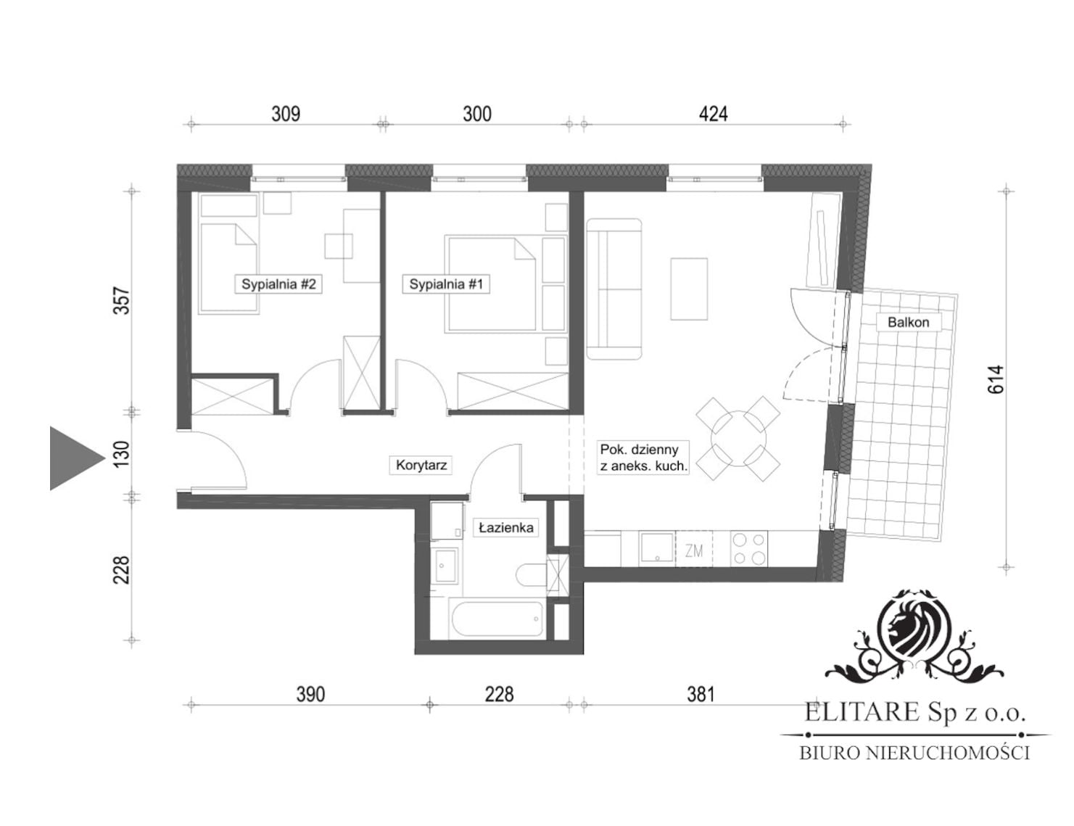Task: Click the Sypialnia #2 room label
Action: pyautogui.click(x=278, y=284)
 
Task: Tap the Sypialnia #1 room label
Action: pyautogui.click(x=446, y=284)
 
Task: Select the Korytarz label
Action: pyautogui.click(x=421, y=465)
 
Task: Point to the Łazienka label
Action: pyautogui.click(x=506, y=528)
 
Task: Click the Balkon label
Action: pyautogui.click(x=909, y=322)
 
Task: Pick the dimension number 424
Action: pyautogui.click(x=713, y=114)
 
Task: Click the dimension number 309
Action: pyautogui.click(x=286, y=114)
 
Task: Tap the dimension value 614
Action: pyautogui.click(x=996, y=379)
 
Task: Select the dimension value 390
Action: pyautogui.click(x=310, y=695)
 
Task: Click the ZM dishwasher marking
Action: pyautogui.click(x=694, y=551)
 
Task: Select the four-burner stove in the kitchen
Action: pyautogui.click(x=750, y=548)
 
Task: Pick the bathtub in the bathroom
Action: pyautogui.click(x=497, y=619)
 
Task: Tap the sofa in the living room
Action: pyautogui.click(x=614, y=289)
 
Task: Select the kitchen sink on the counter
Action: pyautogui.click(x=657, y=548)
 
